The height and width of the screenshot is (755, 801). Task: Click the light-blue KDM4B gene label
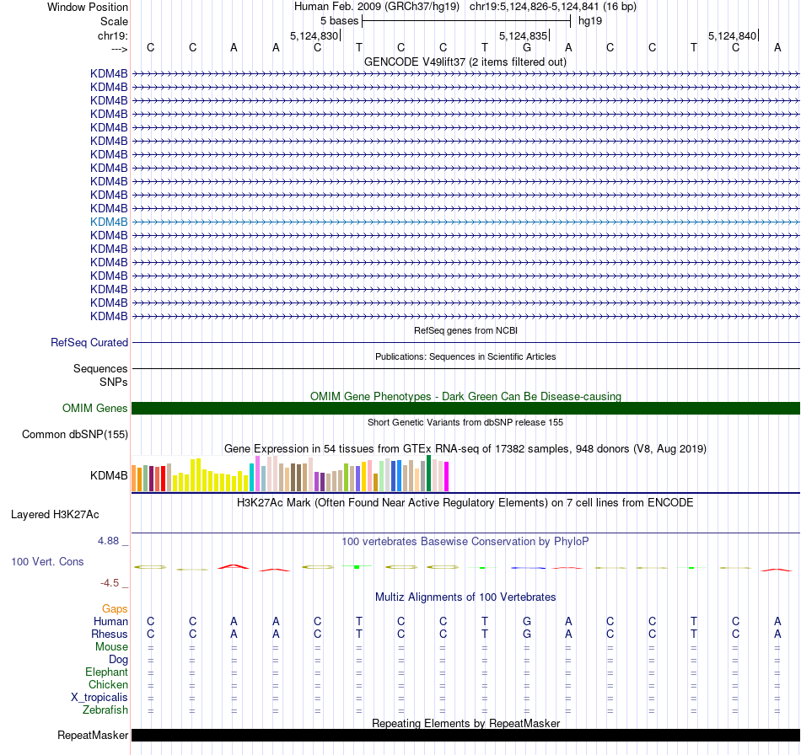click(x=109, y=222)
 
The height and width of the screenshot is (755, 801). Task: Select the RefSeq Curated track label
click(x=89, y=343)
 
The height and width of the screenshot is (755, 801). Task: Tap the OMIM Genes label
click(x=95, y=409)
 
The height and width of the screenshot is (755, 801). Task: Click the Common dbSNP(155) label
click(x=75, y=435)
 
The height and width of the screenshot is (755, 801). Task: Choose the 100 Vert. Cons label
click(x=47, y=561)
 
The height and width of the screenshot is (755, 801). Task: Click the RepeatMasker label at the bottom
click(x=93, y=736)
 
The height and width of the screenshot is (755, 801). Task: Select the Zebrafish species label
click(x=105, y=710)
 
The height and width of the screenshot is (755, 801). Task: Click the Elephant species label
click(x=106, y=672)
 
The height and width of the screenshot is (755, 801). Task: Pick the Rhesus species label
click(x=110, y=635)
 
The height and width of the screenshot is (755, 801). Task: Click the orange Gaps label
click(x=115, y=608)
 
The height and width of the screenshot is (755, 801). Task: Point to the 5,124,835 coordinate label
click(x=524, y=36)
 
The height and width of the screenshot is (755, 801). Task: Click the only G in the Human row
click(x=527, y=622)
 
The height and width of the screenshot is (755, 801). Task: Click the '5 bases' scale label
click(x=339, y=20)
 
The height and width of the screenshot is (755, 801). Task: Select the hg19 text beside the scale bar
click(x=589, y=20)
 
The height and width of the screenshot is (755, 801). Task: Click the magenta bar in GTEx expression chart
click(x=446, y=477)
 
